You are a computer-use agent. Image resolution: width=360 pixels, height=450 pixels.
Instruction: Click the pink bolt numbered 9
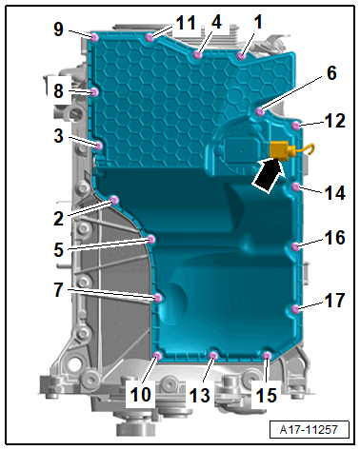(94, 38)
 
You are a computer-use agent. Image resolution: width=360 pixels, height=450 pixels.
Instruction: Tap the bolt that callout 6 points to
(260, 111)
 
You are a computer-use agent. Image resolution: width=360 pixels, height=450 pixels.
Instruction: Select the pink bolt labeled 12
(296, 126)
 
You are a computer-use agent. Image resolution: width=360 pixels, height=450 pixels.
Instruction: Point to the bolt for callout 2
(114, 201)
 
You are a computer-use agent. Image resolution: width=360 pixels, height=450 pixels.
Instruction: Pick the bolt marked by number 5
(151, 239)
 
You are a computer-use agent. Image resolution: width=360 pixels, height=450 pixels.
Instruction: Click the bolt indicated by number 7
(158, 298)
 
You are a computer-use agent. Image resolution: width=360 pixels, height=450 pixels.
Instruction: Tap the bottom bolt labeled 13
(213, 356)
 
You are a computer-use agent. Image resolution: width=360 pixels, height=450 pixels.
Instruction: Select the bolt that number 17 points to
(296, 309)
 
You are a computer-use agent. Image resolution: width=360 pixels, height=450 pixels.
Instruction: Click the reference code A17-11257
(309, 430)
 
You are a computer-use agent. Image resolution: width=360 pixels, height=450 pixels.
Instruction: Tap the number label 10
(141, 395)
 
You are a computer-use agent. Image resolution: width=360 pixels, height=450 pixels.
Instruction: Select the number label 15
(266, 396)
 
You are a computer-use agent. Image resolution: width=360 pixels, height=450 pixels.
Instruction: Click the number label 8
(58, 91)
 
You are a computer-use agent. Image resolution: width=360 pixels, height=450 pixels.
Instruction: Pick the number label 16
(334, 238)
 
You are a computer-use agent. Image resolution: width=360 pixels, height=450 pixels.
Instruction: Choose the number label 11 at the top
(186, 23)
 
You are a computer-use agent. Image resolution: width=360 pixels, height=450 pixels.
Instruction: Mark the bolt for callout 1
(241, 56)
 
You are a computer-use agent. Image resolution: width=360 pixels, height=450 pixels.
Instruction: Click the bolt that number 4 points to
(197, 55)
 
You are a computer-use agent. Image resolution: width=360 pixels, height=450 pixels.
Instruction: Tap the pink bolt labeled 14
(296, 187)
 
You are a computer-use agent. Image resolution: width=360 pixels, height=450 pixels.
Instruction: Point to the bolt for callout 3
(99, 147)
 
